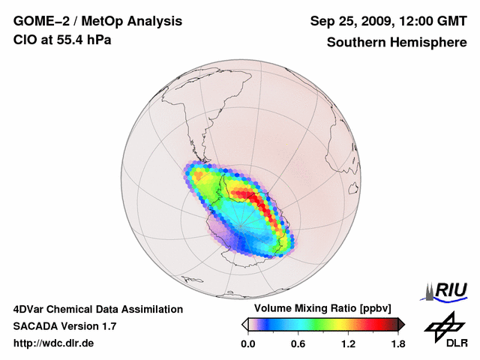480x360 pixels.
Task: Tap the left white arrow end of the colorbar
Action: (244, 324)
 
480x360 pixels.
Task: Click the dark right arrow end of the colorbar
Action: (402, 324)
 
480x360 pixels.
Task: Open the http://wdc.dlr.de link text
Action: (54, 343)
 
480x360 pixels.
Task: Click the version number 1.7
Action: (107, 326)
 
